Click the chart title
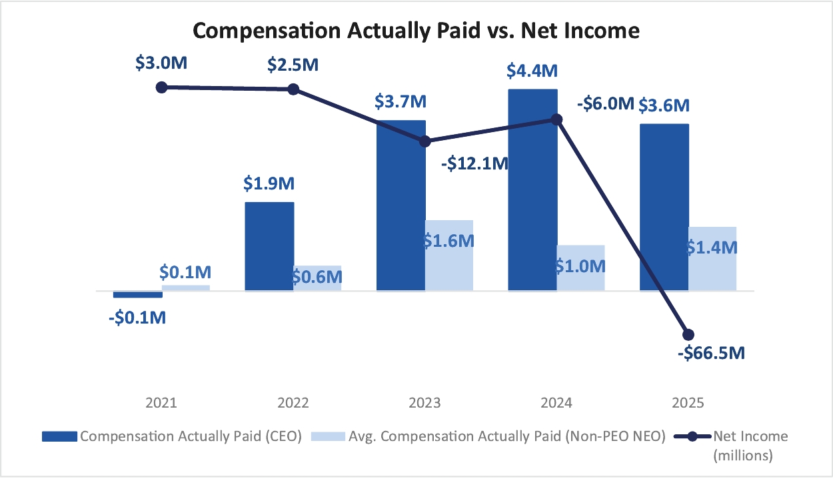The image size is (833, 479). coord(416,31)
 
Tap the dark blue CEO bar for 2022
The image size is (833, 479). coord(269,246)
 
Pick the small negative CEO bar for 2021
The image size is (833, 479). coord(138,294)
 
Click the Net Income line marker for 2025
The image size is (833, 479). coord(688,334)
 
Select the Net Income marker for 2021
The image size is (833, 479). coord(161,87)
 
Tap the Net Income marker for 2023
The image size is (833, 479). coord(424,141)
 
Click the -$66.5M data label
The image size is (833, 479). coord(710,353)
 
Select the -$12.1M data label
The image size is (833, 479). coord(474,163)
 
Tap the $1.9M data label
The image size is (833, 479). coord(269,183)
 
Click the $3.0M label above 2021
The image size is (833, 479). coord(161,65)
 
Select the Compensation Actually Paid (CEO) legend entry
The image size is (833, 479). coord(172,436)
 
